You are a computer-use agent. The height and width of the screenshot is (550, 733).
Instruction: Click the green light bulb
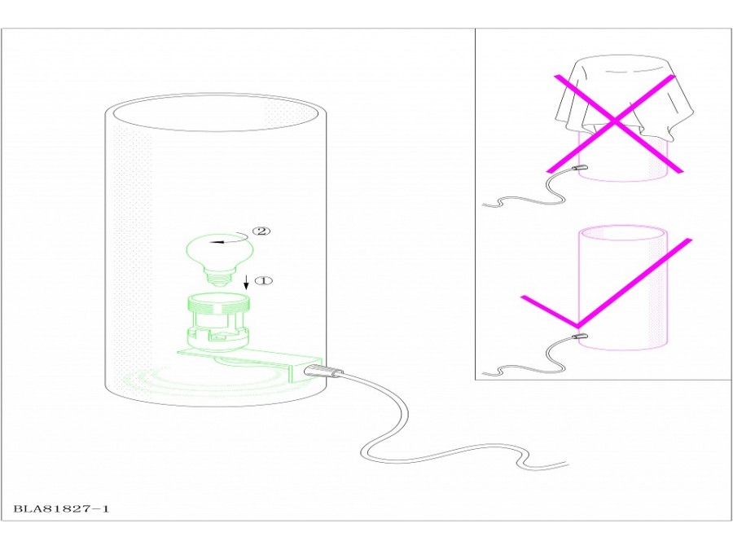click(x=220, y=258)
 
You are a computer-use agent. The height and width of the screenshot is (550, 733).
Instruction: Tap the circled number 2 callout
click(x=261, y=231)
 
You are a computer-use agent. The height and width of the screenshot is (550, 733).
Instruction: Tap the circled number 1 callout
click(x=263, y=280)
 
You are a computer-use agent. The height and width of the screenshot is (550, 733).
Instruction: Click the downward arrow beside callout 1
click(x=246, y=282)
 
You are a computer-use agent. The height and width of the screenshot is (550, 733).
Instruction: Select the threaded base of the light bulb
click(x=220, y=279)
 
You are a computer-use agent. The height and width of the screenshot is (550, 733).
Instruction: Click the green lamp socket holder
click(x=218, y=322)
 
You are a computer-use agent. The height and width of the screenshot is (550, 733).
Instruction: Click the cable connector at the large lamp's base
click(x=323, y=372)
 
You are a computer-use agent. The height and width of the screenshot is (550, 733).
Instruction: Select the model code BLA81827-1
click(x=61, y=508)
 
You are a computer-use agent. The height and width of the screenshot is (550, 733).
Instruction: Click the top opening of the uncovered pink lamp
click(x=624, y=233)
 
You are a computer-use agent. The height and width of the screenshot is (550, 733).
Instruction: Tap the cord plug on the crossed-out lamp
click(x=579, y=168)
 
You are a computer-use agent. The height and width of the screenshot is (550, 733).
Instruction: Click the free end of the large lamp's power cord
click(x=568, y=464)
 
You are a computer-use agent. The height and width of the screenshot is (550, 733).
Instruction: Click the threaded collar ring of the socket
click(x=218, y=303)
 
